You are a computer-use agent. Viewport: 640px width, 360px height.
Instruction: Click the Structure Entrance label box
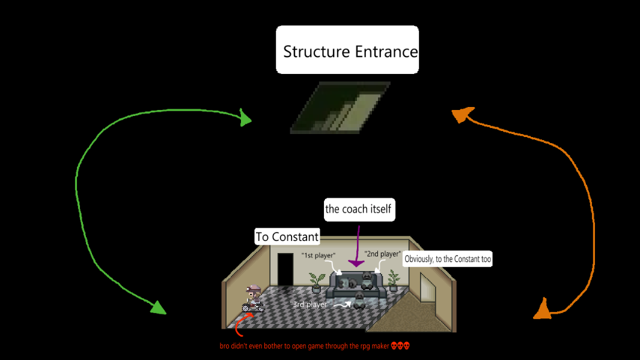pos(347,50)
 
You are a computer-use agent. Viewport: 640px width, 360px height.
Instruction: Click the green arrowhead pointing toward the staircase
pos(245,118)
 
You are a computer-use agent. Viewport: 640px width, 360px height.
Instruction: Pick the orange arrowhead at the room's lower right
pos(542,309)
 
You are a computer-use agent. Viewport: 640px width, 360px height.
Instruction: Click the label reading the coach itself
pos(358,209)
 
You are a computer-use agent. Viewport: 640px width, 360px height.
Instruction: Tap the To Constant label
pos(287,237)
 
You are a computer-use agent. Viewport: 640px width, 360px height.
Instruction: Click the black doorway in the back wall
pos(285,270)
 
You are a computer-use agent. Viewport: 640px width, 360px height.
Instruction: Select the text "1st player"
pos(318,256)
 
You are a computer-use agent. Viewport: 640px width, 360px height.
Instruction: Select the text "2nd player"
pos(382,254)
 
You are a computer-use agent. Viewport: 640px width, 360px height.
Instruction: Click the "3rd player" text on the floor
pos(310,305)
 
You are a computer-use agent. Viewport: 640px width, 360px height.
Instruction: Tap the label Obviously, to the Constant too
pos(448,260)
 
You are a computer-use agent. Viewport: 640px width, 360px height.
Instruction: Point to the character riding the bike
pos(252,299)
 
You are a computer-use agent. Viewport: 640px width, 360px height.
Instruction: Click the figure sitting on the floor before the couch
pos(359,301)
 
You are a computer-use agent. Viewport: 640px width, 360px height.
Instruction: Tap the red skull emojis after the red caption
pos(400,346)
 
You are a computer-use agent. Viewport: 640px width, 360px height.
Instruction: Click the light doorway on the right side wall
pos(428,287)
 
